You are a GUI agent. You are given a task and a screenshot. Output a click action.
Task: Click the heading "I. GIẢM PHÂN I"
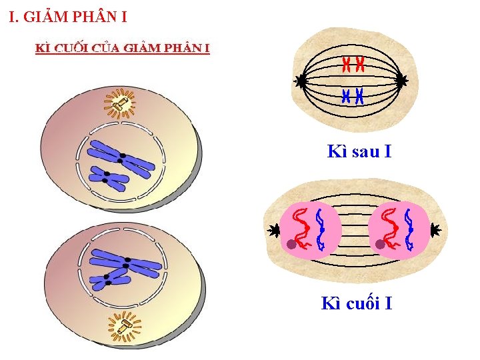coord(67,17)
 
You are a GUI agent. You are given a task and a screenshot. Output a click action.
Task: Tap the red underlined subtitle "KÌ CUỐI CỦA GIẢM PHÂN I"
coord(123,48)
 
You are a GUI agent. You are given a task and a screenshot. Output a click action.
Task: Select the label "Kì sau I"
coord(359,151)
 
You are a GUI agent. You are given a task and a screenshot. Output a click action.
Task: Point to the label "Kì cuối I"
coord(357,304)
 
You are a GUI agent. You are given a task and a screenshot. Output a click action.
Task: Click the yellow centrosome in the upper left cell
coord(121,103)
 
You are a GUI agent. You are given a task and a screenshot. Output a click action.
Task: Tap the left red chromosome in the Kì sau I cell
coord(346,65)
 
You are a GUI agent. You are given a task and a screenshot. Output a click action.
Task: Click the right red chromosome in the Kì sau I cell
coord(360,65)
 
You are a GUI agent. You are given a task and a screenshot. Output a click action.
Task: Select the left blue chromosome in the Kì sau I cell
coord(345,96)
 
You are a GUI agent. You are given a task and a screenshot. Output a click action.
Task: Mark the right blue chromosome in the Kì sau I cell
coord(359,96)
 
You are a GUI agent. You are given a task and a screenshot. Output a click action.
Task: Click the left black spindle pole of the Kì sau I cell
coord(301,81)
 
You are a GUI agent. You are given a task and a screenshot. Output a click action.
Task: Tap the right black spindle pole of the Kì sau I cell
coord(401,81)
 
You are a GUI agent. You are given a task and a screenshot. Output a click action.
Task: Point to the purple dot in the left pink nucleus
coord(291,245)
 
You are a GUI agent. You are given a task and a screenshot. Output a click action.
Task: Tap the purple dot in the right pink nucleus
coord(380,245)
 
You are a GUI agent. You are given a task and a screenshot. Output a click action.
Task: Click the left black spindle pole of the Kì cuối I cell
coord(274,231)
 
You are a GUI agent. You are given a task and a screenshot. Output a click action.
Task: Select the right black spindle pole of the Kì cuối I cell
coord(435,231)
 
